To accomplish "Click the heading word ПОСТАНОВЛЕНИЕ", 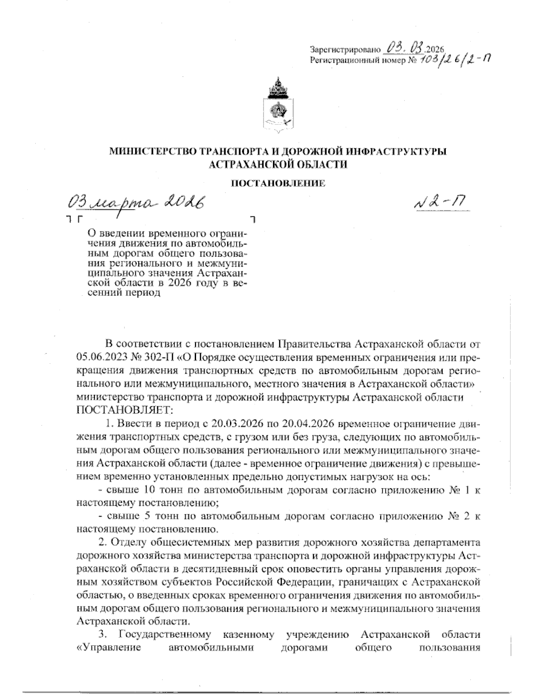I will (x=278, y=183).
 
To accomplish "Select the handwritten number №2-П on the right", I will (x=440, y=204).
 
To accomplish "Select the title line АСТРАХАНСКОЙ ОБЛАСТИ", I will (x=278, y=164).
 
